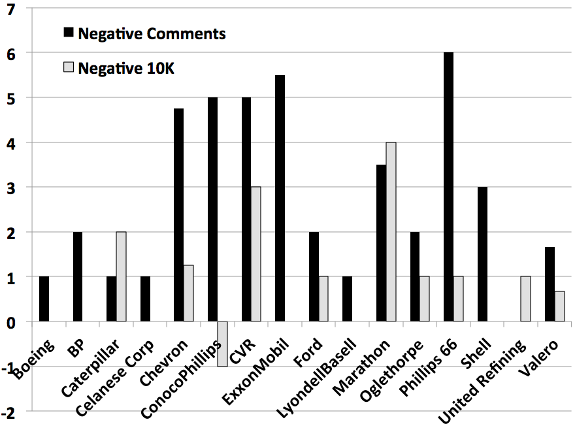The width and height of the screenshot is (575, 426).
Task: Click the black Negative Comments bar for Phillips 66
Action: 448,187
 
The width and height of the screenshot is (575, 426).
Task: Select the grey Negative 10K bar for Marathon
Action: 391,232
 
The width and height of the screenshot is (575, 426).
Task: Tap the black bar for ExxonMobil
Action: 280,199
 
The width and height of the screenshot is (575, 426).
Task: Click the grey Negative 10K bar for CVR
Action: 256,254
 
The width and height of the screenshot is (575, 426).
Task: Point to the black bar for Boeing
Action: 44,299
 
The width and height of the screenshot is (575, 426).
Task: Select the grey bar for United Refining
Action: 525,299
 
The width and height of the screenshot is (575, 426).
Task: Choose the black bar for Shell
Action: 482,254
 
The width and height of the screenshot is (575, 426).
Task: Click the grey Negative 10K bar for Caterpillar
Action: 121,276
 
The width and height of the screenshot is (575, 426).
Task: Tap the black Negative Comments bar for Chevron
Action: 178,215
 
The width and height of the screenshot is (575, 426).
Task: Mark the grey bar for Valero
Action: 559,306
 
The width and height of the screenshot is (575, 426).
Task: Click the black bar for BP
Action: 78,276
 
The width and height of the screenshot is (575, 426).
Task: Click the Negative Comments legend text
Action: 152,34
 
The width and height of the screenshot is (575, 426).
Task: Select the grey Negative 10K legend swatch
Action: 68,67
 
